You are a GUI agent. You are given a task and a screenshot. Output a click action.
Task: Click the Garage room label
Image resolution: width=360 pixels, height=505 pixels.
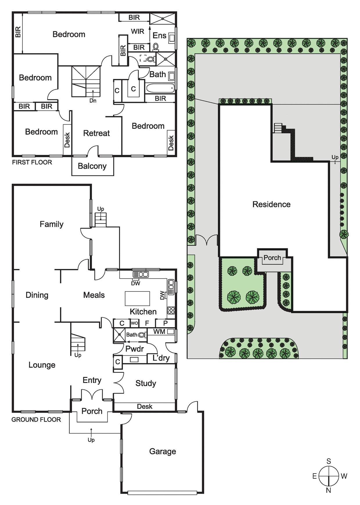point(163,452)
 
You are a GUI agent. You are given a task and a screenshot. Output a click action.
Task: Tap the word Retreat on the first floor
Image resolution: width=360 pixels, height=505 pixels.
point(96,133)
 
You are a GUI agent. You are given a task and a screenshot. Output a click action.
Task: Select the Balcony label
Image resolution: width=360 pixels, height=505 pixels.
point(92,166)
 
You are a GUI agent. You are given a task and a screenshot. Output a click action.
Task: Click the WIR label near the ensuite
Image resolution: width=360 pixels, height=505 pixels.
point(138,31)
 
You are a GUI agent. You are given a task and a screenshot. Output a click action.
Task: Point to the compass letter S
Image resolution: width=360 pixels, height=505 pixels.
point(329,461)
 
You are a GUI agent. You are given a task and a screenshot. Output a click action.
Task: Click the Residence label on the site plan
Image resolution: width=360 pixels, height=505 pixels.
point(271,204)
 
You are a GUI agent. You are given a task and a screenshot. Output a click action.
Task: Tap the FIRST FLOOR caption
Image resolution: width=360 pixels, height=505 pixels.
point(32,162)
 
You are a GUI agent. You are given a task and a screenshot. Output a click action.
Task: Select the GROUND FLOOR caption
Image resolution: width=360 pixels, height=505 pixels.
point(36,420)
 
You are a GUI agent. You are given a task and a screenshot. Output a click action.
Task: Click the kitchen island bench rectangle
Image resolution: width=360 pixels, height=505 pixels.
point(137,299)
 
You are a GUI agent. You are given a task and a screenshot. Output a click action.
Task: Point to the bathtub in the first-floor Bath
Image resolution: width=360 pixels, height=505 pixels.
point(160,88)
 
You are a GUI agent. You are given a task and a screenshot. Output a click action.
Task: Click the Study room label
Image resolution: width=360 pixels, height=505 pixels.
point(146,384)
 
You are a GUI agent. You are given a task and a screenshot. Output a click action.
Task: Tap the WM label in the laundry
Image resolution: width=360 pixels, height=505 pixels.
point(159,332)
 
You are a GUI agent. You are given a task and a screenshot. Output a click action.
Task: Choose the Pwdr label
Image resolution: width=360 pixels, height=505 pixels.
point(135,349)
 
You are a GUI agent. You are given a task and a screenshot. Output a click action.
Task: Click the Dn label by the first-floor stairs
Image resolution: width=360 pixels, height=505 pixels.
point(93,101)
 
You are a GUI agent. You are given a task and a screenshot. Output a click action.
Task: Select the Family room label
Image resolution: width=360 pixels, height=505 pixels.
point(51,224)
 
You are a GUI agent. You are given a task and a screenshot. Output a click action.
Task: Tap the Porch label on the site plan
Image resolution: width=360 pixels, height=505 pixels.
point(272,258)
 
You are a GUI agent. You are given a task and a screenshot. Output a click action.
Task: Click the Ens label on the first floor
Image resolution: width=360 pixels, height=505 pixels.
point(159,35)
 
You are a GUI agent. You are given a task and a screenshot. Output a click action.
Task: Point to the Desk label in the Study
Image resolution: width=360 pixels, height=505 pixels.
point(145,406)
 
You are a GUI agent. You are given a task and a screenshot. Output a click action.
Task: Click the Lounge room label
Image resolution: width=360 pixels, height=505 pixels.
point(42,365)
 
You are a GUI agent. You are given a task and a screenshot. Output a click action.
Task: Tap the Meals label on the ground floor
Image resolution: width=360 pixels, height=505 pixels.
point(94,295)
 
